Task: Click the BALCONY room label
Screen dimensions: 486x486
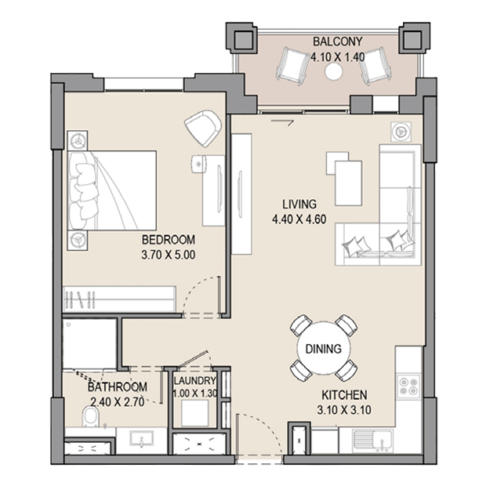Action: tap(338, 42)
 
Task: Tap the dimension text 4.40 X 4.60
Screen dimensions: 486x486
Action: tap(299, 219)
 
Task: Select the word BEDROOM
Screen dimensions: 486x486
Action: tap(169, 240)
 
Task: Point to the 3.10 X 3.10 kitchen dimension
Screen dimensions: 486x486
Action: tap(344, 410)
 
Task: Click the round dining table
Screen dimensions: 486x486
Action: tap(324, 348)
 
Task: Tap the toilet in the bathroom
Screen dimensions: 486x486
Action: tap(90, 417)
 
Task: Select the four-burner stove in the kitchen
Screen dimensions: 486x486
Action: tap(409, 386)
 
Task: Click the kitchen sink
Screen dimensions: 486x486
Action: tap(372, 441)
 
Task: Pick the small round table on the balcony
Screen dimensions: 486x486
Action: tap(333, 71)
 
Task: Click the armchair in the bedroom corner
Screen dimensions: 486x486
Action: tap(203, 128)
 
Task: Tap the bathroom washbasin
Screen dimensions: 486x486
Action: tap(142, 440)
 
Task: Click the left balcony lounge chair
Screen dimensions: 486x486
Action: tap(291, 66)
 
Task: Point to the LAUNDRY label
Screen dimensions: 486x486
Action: tap(194, 381)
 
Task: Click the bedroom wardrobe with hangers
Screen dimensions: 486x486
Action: tap(119, 299)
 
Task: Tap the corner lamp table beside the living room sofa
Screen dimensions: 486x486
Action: tap(401, 132)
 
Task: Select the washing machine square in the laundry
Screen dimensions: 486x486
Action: tap(195, 413)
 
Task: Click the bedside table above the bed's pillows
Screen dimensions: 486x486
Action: tap(78, 141)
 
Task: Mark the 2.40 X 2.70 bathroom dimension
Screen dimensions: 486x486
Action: tap(117, 402)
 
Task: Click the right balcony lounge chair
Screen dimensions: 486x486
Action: tap(375, 66)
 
